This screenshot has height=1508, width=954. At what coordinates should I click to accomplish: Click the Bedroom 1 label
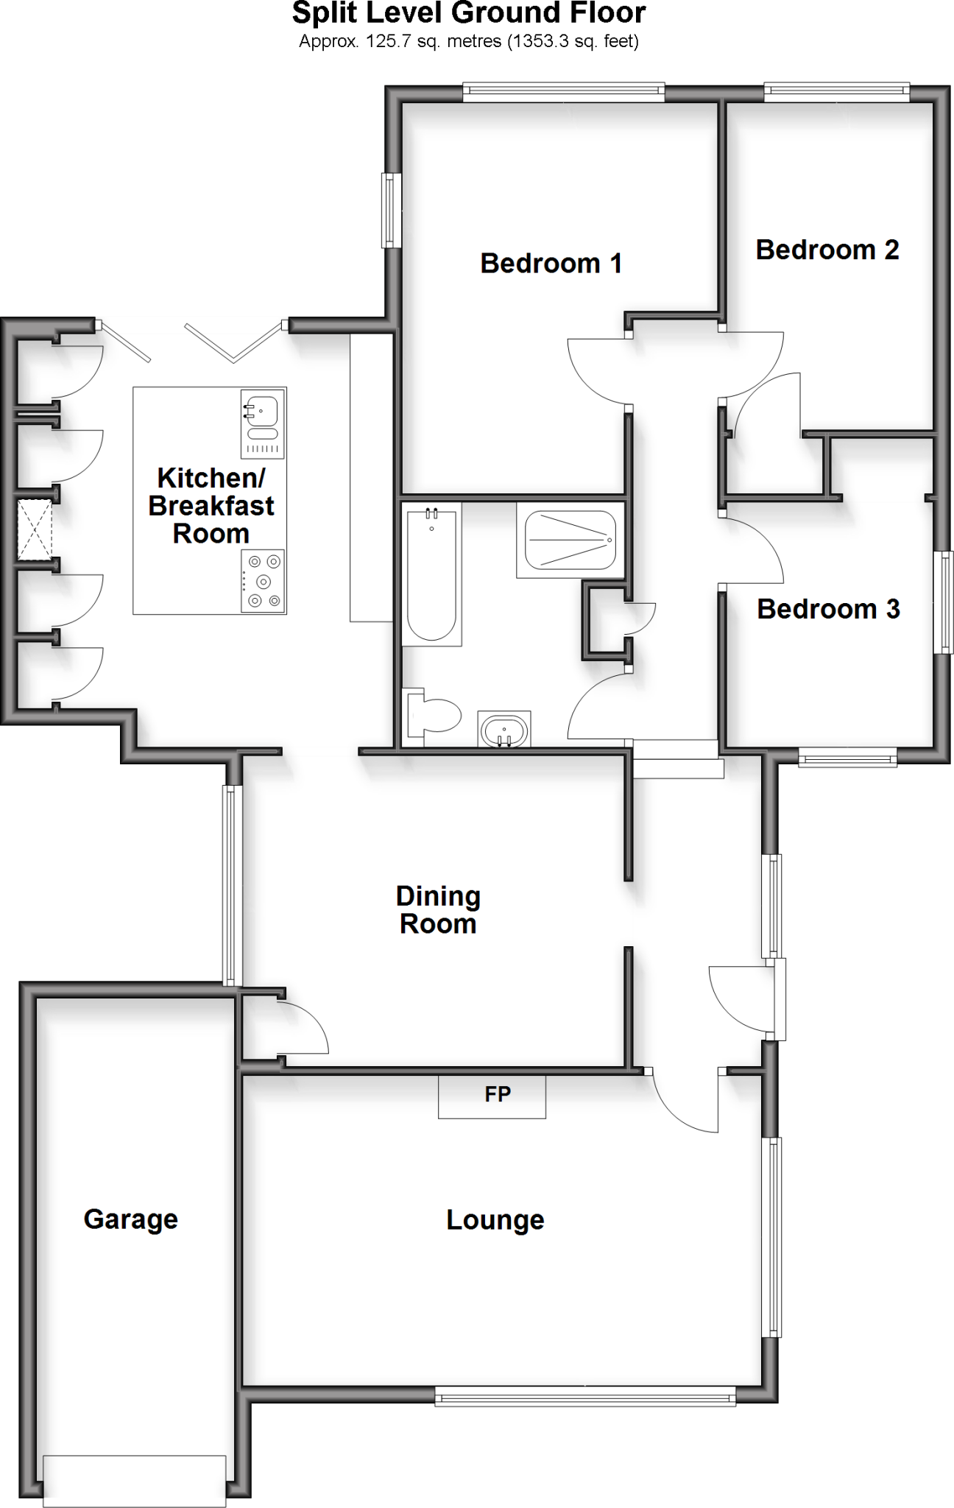[551, 263]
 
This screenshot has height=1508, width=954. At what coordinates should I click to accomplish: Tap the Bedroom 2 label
[827, 250]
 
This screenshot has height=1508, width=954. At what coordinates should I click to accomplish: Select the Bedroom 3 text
[828, 609]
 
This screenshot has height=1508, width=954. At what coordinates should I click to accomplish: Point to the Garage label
[131, 1219]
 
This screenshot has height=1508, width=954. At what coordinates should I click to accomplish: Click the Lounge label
[495, 1219]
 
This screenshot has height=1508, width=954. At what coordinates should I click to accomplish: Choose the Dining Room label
[438, 910]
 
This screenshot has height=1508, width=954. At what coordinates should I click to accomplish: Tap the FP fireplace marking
[497, 1094]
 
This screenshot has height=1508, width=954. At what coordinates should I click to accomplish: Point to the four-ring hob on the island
[264, 581]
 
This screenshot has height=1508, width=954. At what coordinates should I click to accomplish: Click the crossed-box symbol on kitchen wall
[35, 529]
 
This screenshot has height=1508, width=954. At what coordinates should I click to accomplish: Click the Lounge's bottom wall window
[585, 1395]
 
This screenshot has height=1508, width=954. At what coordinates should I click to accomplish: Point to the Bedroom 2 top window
[836, 92]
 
